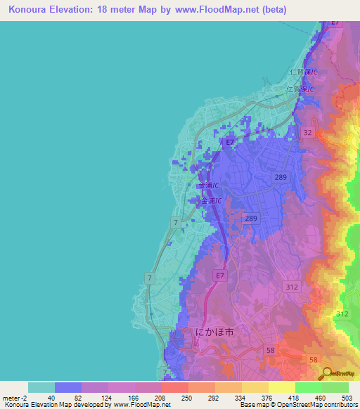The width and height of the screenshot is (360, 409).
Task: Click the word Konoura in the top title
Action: [x=32, y=11]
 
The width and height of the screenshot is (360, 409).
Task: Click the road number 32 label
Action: [x=307, y=132]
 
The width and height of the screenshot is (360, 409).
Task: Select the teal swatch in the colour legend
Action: [x=41, y=387]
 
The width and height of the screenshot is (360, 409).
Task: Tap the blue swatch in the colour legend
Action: [x=67, y=387]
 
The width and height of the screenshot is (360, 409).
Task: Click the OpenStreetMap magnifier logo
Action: [x=328, y=372]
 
